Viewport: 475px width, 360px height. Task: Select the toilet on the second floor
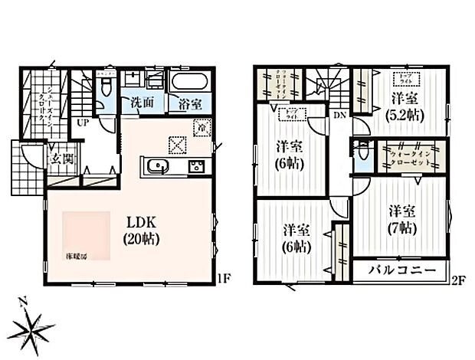(x=360, y=152)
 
